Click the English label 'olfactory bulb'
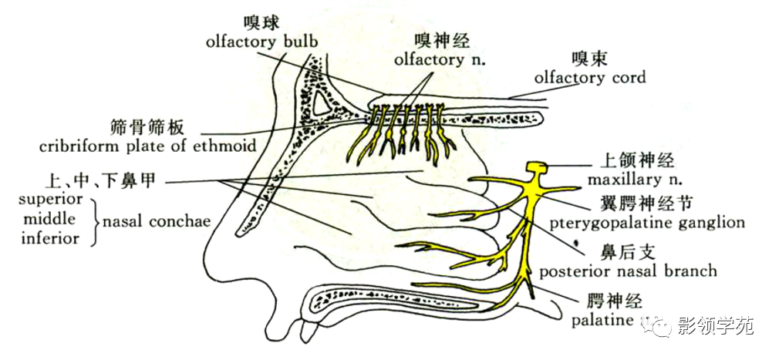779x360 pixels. [x=261, y=42]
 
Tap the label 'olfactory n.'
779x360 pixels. [x=439, y=60]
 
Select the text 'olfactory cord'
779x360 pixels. [x=590, y=77]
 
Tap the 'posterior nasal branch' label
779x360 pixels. [x=628, y=271]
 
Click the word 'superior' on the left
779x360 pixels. [x=51, y=200]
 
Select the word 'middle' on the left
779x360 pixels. [x=50, y=219]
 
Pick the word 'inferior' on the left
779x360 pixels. [x=50, y=238]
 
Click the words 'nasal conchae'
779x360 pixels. [x=156, y=220]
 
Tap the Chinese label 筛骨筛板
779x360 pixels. [x=147, y=128]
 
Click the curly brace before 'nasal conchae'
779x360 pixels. [x=94, y=220]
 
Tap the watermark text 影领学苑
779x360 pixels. [x=714, y=326]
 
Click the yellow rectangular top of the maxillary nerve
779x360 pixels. [x=537, y=168]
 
